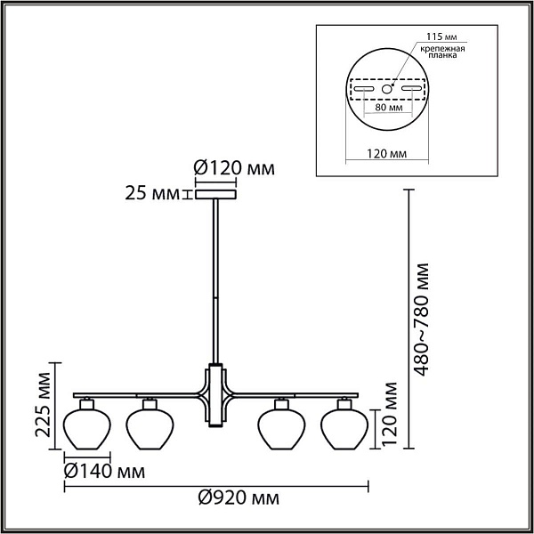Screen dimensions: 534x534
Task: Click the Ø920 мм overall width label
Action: coord(239,498)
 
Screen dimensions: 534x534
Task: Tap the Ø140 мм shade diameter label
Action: coord(104,472)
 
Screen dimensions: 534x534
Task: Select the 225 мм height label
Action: coord(44,405)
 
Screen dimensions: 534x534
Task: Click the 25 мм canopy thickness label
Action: coord(152,193)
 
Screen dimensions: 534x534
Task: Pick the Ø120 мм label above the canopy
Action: coord(234,168)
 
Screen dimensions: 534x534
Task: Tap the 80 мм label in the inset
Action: coord(389,108)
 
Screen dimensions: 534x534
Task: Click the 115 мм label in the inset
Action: coord(441,36)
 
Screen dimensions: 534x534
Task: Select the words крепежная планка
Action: coord(442,52)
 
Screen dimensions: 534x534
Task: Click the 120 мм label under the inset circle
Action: coord(386,154)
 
